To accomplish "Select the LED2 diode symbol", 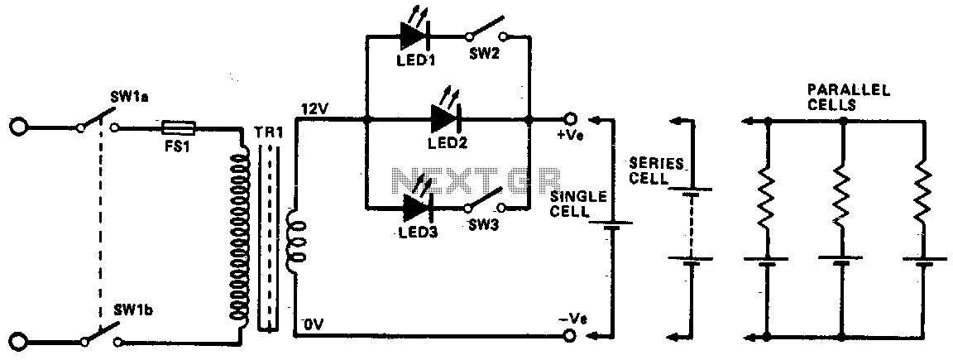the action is pos(447,118).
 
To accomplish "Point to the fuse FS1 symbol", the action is pos(178,127).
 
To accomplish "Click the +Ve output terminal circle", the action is pos(569,119).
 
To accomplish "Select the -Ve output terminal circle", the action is pos(569,335).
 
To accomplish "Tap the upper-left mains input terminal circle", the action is pos(18,127).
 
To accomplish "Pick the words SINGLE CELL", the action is pos(578,204).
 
